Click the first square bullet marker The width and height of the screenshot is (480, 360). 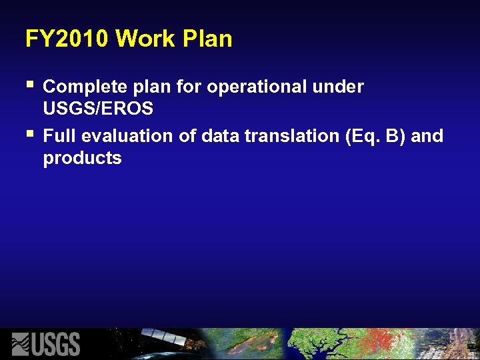(x=29, y=85)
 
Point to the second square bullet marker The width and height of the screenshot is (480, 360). (x=29, y=135)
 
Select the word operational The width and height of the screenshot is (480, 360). (x=257, y=87)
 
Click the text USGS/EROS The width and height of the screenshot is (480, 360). (x=97, y=108)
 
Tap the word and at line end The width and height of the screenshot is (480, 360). (x=427, y=136)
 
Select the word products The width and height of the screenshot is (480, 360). (x=82, y=159)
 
